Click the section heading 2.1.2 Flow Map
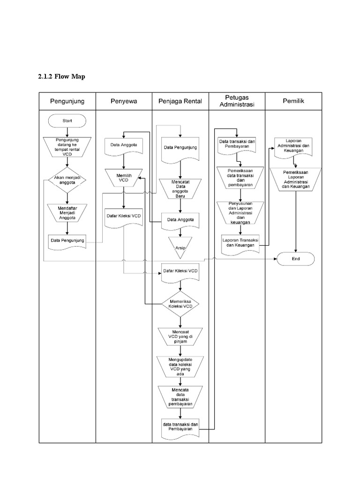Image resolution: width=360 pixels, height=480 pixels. click(61, 77)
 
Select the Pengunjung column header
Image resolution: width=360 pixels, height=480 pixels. click(67, 101)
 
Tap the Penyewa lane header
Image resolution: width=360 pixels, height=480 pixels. click(124, 101)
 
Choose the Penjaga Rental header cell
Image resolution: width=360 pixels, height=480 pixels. click(180, 101)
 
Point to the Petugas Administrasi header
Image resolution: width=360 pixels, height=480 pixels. click(237, 101)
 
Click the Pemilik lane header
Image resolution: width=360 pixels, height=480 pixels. click(293, 101)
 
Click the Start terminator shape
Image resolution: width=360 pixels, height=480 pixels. click(67, 121)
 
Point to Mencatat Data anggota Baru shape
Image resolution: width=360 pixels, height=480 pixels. click(180, 188)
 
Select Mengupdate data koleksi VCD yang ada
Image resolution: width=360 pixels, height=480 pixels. click(180, 367)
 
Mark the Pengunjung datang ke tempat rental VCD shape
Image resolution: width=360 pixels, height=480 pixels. click(67, 146)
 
